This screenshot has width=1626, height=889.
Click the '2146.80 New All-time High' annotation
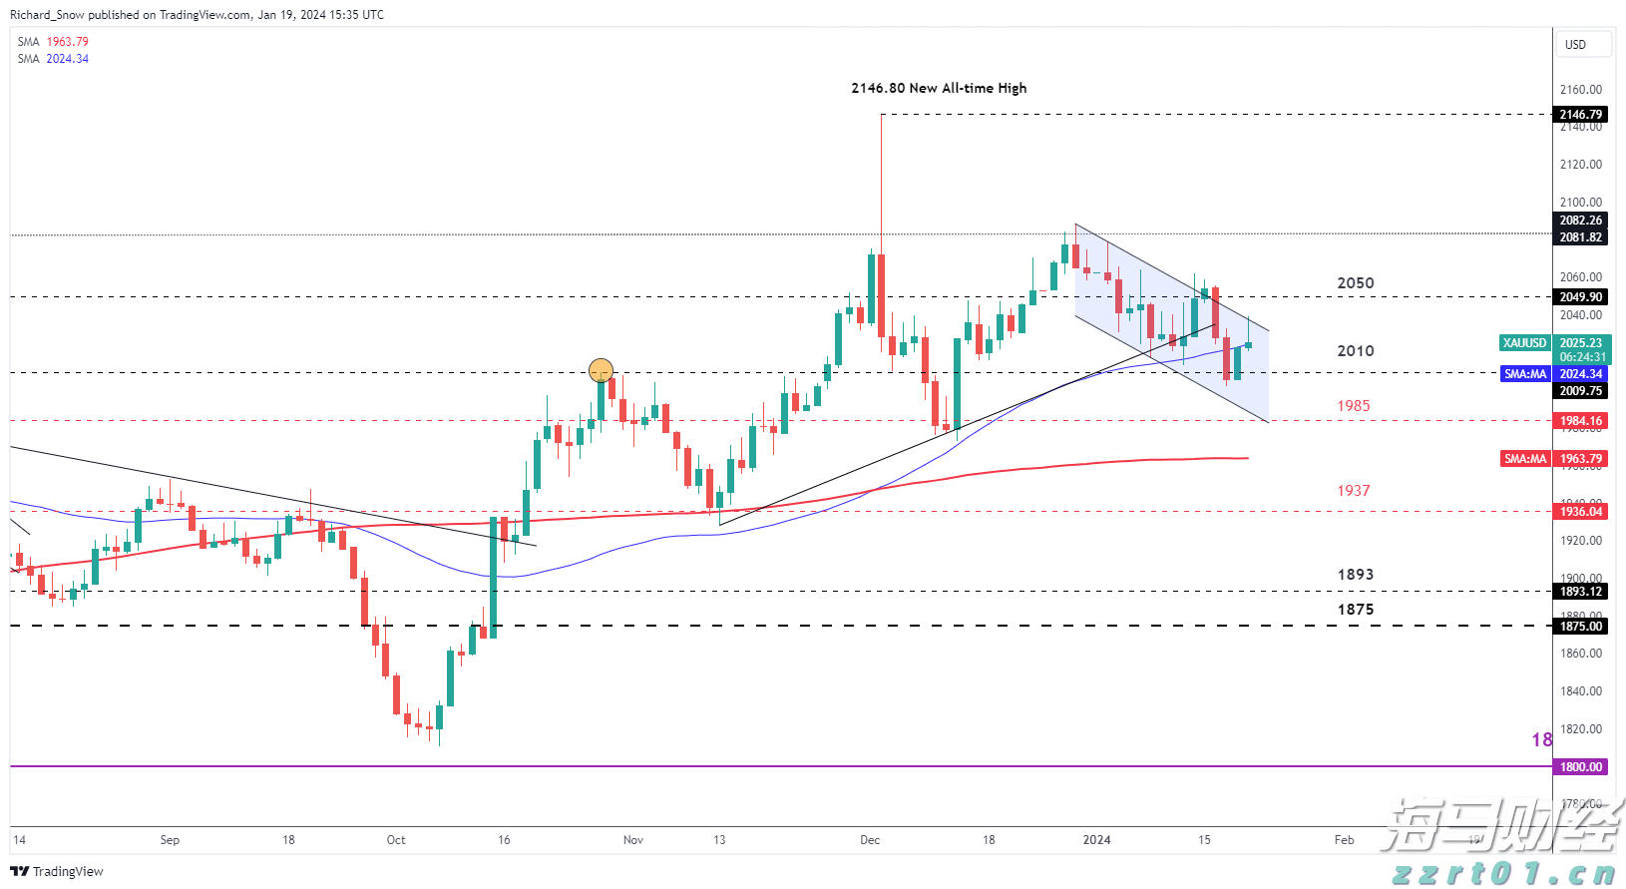tap(938, 88)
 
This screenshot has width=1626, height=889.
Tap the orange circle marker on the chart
tap(601, 371)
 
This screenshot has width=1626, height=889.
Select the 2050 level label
tap(1355, 283)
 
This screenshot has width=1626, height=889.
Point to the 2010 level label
tap(1355, 351)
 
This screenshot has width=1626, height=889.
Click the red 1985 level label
tap(1354, 406)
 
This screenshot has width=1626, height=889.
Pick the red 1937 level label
tap(1354, 491)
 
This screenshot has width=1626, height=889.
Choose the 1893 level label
tap(1355, 575)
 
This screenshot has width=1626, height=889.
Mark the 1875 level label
tap(1355, 610)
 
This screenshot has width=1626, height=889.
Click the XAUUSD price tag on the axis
tap(1524, 343)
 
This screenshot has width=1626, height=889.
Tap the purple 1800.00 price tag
tap(1581, 767)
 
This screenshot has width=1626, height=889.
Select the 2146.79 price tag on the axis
tap(1581, 115)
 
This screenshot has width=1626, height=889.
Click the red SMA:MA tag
tap(1525, 459)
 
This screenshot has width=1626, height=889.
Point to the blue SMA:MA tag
tap(1525, 374)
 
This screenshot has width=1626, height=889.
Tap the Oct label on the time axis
tap(396, 840)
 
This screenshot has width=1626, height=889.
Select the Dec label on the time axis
tap(870, 840)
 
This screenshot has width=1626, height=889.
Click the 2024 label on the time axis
tap(1096, 840)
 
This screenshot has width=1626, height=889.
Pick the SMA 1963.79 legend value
tap(67, 42)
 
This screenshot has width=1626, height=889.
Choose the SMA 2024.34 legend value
tap(67, 59)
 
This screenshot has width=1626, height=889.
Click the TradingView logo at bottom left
tap(57, 871)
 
